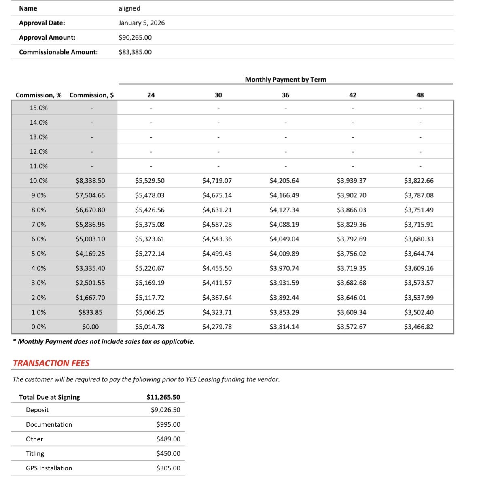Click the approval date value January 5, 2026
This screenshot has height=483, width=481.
pos(142,23)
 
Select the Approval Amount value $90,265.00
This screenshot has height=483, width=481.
pos(135,38)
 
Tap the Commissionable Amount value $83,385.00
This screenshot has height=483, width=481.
pos(135,52)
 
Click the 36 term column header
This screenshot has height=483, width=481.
pos(286,95)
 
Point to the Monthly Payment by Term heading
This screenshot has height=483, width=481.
pos(286,80)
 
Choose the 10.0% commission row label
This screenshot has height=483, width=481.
pos(38,181)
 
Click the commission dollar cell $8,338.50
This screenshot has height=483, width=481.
pos(90,181)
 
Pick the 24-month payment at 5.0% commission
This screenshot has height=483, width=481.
pos(150,254)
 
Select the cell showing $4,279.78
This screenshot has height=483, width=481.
pos(217,327)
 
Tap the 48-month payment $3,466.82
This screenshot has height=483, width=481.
pos(419,327)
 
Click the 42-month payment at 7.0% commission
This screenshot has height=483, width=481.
pos(352,225)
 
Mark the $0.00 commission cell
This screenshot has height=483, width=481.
pos(90,327)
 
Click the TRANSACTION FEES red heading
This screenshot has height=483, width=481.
pos(51,363)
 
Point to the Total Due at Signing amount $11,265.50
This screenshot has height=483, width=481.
pos(163,397)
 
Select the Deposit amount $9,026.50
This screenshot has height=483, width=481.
pos(165,410)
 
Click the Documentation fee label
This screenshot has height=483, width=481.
pos(49,424)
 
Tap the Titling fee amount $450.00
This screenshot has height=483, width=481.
pos(168,453)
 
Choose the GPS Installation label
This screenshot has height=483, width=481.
pos(49,468)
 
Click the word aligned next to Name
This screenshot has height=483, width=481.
pos(129,8)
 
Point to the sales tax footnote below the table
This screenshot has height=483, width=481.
pos(104,341)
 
